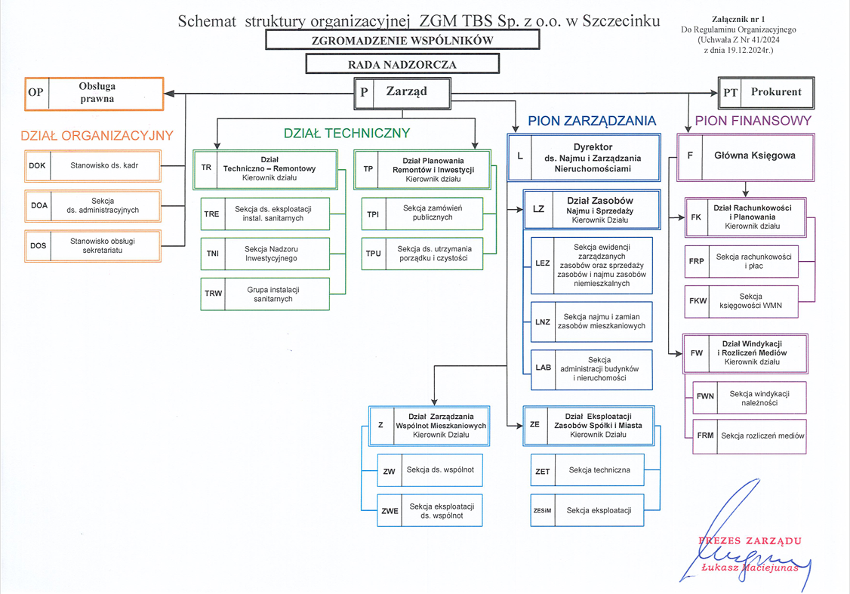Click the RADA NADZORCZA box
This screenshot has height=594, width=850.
tap(402, 64)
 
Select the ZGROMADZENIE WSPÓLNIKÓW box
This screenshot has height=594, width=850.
tap(402, 40)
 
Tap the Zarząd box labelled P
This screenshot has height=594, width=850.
tap(402, 94)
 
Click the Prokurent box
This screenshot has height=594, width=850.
tap(766, 93)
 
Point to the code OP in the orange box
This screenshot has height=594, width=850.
tap(35, 92)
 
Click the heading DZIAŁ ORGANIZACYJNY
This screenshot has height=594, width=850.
tap(97, 136)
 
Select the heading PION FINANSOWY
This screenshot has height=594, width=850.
tap(753, 120)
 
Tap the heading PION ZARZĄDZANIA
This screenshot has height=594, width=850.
tap(592, 120)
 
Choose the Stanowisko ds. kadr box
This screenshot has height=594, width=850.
tap(93, 166)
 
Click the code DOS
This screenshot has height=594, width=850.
tap(38, 245)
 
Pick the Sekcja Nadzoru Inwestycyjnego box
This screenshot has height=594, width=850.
tap(265, 254)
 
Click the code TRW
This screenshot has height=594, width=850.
tap(213, 293)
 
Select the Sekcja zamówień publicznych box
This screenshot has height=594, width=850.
tap(422, 213)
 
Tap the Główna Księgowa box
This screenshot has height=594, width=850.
tap(745, 157)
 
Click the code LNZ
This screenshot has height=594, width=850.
tap(543, 322)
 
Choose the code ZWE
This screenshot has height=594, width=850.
tap(390, 510)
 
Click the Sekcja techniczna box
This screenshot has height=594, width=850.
tap(587, 470)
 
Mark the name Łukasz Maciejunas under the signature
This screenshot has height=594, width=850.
tap(750, 568)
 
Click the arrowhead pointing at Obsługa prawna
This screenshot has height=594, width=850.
tap(169, 94)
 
